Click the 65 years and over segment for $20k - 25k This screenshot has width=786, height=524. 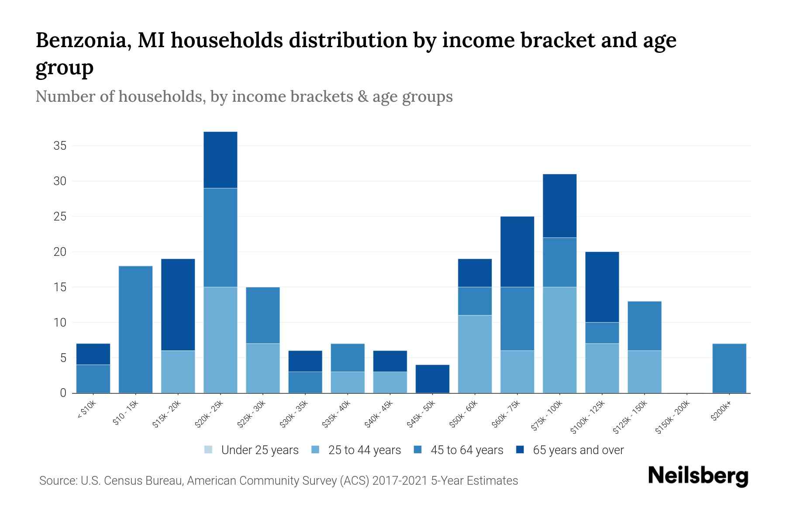click(x=221, y=160)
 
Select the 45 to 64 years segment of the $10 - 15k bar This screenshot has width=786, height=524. click(x=136, y=330)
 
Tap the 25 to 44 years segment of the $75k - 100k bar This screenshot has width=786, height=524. click(x=559, y=340)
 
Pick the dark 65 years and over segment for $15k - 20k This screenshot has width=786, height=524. click(x=178, y=305)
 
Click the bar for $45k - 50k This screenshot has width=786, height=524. click(x=433, y=379)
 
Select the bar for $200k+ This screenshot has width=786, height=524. click(x=729, y=368)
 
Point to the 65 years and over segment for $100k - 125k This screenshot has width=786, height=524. click(x=602, y=287)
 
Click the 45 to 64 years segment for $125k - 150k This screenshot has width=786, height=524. click(x=645, y=326)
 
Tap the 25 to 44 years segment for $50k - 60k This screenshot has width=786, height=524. click(x=475, y=354)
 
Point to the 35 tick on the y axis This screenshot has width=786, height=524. click(x=60, y=145)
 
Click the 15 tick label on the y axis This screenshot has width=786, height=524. click(x=60, y=287)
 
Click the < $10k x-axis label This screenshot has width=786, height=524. click(x=86, y=410)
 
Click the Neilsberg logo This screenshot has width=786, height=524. click(x=698, y=476)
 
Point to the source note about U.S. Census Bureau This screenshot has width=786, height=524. click(x=279, y=481)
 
